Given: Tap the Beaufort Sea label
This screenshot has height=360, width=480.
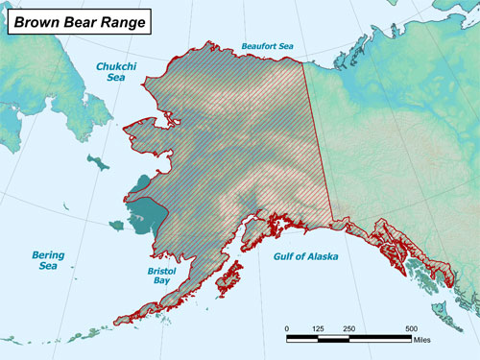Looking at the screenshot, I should [x=268, y=44].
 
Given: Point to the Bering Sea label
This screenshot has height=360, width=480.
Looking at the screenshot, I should [x=48, y=262].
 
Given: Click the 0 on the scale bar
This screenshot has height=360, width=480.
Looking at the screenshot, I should [x=287, y=328].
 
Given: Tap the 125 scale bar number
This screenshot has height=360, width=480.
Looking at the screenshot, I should [x=320, y=328].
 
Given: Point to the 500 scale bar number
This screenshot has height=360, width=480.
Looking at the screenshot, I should [x=412, y=328].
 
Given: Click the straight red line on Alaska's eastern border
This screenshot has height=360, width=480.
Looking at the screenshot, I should [x=319, y=144].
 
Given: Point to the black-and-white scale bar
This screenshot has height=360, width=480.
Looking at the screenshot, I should [x=350, y=337].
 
